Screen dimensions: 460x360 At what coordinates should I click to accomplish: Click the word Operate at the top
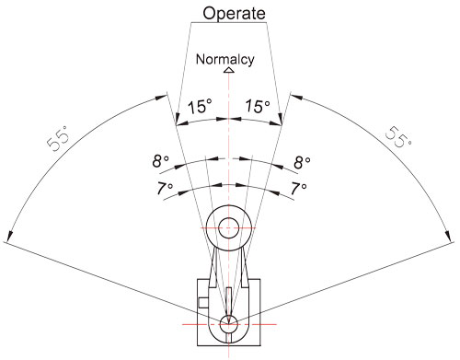pyautogui.click(x=234, y=14)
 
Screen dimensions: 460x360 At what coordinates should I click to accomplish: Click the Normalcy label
pyautogui.click(x=225, y=60)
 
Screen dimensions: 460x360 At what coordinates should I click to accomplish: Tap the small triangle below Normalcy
pyautogui.click(x=229, y=70)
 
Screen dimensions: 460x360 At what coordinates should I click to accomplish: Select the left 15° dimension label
pyautogui.click(x=200, y=107)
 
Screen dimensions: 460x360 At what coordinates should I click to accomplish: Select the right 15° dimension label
pyautogui.click(x=258, y=106)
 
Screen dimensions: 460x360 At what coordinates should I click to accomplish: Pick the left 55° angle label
pyautogui.click(x=59, y=138)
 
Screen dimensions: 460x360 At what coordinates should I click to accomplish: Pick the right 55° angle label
pyautogui.click(x=398, y=137)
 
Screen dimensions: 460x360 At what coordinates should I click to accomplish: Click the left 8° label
pyautogui.click(x=160, y=161)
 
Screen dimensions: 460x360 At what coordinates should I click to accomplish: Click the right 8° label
pyautogui.click(x=303, y=162)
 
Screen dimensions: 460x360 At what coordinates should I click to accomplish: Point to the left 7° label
pyautogui.click(x=165, y=188)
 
